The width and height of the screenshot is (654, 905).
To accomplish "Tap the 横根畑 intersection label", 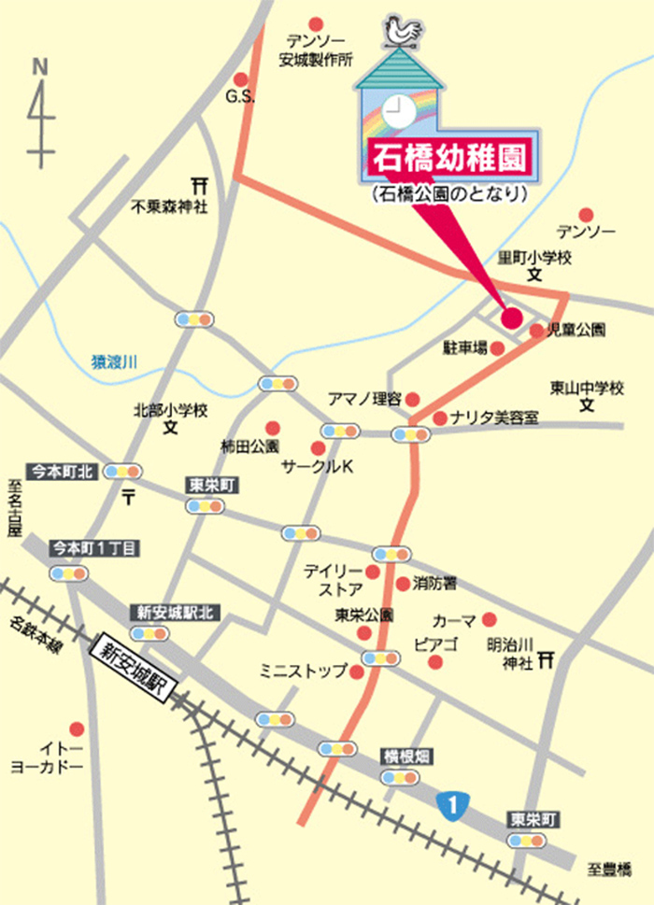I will pyautogui.click(x=404, y=754).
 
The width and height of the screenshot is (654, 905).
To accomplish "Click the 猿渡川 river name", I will pyautogui.click(x=113, y=361).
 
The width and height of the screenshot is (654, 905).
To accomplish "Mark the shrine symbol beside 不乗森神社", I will pyautogui.click(x=197, y=183).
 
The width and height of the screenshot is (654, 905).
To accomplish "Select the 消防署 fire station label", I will pyautogui.click(x=434, y=584).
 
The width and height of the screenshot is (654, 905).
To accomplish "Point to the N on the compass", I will pyautogui.click(x=39, y=66).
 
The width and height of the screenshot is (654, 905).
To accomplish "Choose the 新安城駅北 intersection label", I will pyautogui.click(x=176, y=613).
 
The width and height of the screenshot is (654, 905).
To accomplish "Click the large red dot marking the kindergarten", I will pyautogui.click(x=511, y=318).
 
